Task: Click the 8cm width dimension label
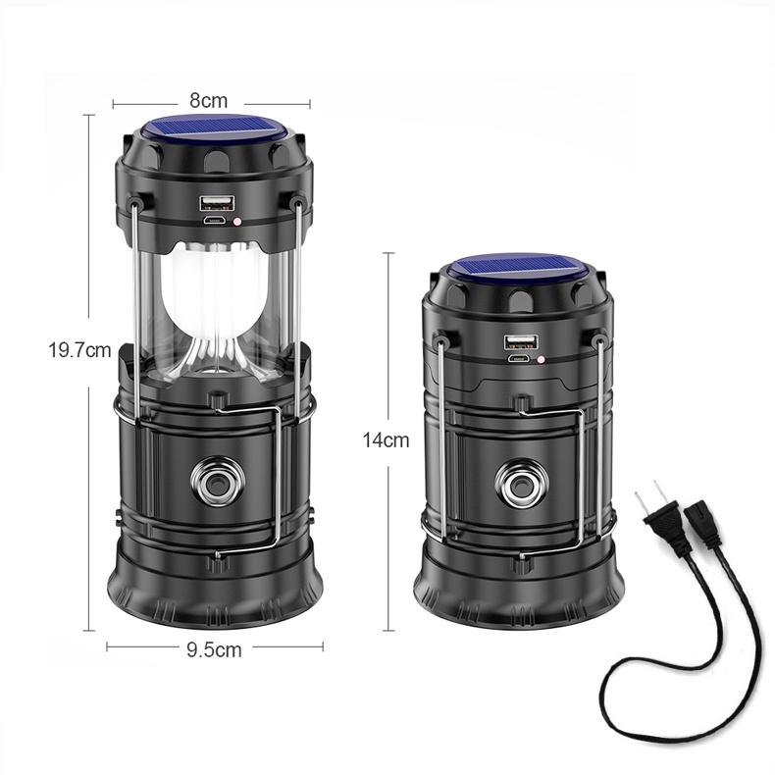[209, 101]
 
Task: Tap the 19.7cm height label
[79, 350]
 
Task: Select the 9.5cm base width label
[214, 649]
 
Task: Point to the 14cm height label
[386, 439]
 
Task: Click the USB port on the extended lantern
[217, 203]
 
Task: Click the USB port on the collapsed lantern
[521, 342]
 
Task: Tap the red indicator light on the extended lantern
[237, 222]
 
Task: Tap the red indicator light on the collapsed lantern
[542, 360]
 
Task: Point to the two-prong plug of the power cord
[665, 519]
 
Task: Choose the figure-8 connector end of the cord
[704, 524]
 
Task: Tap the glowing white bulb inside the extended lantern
[214, 296]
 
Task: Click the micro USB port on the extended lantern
[215, 221]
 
